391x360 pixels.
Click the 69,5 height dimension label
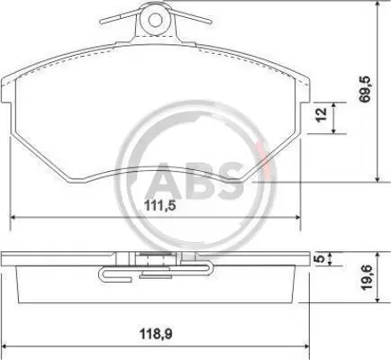(x=366, y=89)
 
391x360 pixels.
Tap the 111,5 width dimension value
(x=159, y=206)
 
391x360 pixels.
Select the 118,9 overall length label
(x=157, y=334)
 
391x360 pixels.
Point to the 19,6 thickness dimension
(x=366, y=277)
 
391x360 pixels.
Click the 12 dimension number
(x=321, y=114)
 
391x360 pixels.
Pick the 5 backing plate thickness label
(x=321, y=258)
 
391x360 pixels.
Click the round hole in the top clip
(x=155, y=21)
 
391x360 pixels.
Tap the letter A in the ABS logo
(x=164, y=181)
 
